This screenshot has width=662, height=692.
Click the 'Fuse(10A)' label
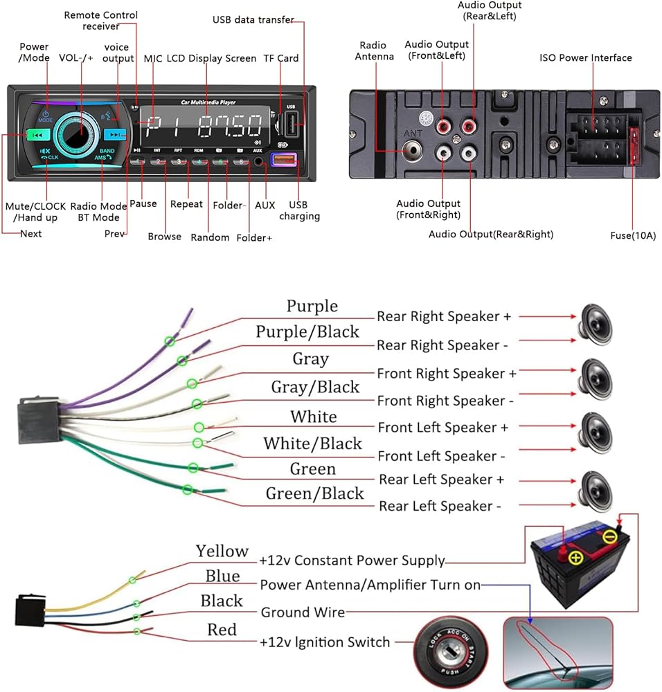(633, 236)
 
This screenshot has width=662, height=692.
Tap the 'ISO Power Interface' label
(586, 58)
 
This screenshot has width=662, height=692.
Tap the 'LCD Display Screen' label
(211, 59)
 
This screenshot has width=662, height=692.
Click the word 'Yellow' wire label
(222, 552)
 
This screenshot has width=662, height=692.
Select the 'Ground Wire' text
(303, 612)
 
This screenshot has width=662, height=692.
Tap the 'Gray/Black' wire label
(315, 388)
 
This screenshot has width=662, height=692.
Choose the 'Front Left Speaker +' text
(442, 428)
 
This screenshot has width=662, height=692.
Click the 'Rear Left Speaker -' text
(440, 507)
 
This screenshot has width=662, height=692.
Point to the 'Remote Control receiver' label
(101, 21)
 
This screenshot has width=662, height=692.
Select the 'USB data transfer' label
(253, 20)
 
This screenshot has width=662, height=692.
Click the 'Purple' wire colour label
(312, 306)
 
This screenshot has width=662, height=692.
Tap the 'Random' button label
(210, 237)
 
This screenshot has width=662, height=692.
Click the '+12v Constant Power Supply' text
(352, 561)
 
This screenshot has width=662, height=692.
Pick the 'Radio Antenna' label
(375, 51)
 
